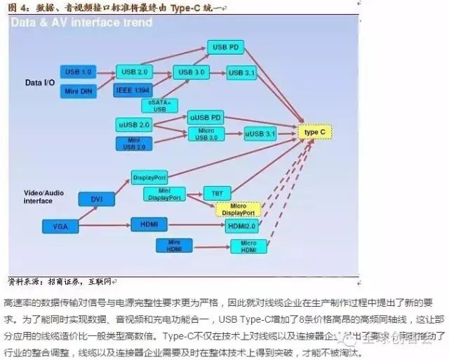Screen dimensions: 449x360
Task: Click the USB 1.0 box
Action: (x=79, y=72)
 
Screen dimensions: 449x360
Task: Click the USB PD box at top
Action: (x=224, y=48)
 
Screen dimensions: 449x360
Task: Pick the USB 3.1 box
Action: (x=243, y=73)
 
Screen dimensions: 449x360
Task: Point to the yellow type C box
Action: (x=313, y=132)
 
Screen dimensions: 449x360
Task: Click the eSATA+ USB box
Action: (x=160, y=105)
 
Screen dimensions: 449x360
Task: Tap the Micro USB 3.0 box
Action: (x=206, y=134)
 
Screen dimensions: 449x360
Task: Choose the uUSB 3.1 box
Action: (x=260, y=133)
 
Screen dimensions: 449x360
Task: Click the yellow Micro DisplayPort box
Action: (x=239, y=209)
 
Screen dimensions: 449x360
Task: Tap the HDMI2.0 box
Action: (x=242, y=226)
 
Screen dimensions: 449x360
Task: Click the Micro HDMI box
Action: (x=249, y=246)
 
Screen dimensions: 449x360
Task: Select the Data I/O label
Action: (x=40, y=83)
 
